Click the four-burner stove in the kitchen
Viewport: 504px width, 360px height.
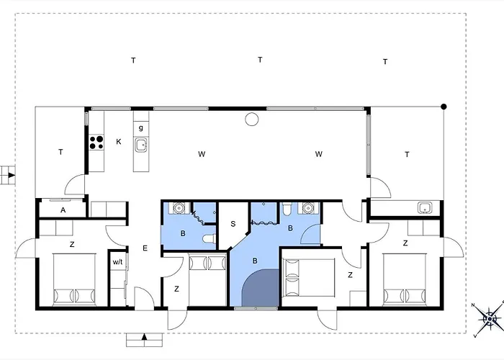tap(96, 143)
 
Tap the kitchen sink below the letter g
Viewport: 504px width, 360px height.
tap(141, 145)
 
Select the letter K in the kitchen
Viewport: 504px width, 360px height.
tap(119, 142)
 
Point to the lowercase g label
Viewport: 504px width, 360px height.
tap(141, 127)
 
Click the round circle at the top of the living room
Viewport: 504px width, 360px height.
tap(252, 120)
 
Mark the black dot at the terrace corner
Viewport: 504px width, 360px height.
tap(444, 107)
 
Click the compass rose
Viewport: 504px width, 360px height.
tap(489, 319)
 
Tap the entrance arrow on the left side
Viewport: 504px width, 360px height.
tap(12, 175)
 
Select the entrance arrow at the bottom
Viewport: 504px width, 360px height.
tap(144, 337)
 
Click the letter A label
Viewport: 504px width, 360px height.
tap(63, 210)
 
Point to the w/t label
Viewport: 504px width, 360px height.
tap(117, 262)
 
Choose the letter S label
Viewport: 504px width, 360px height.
tap(233, 224)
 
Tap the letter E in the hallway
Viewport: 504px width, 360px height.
tap(145, 248)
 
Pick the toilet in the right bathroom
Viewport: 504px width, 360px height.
tap(287, 209)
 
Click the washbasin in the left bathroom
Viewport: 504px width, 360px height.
tap(178, 208)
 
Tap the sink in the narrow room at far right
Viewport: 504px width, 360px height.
tap(425, 208)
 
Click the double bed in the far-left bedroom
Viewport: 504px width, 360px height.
tap(74, 279)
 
